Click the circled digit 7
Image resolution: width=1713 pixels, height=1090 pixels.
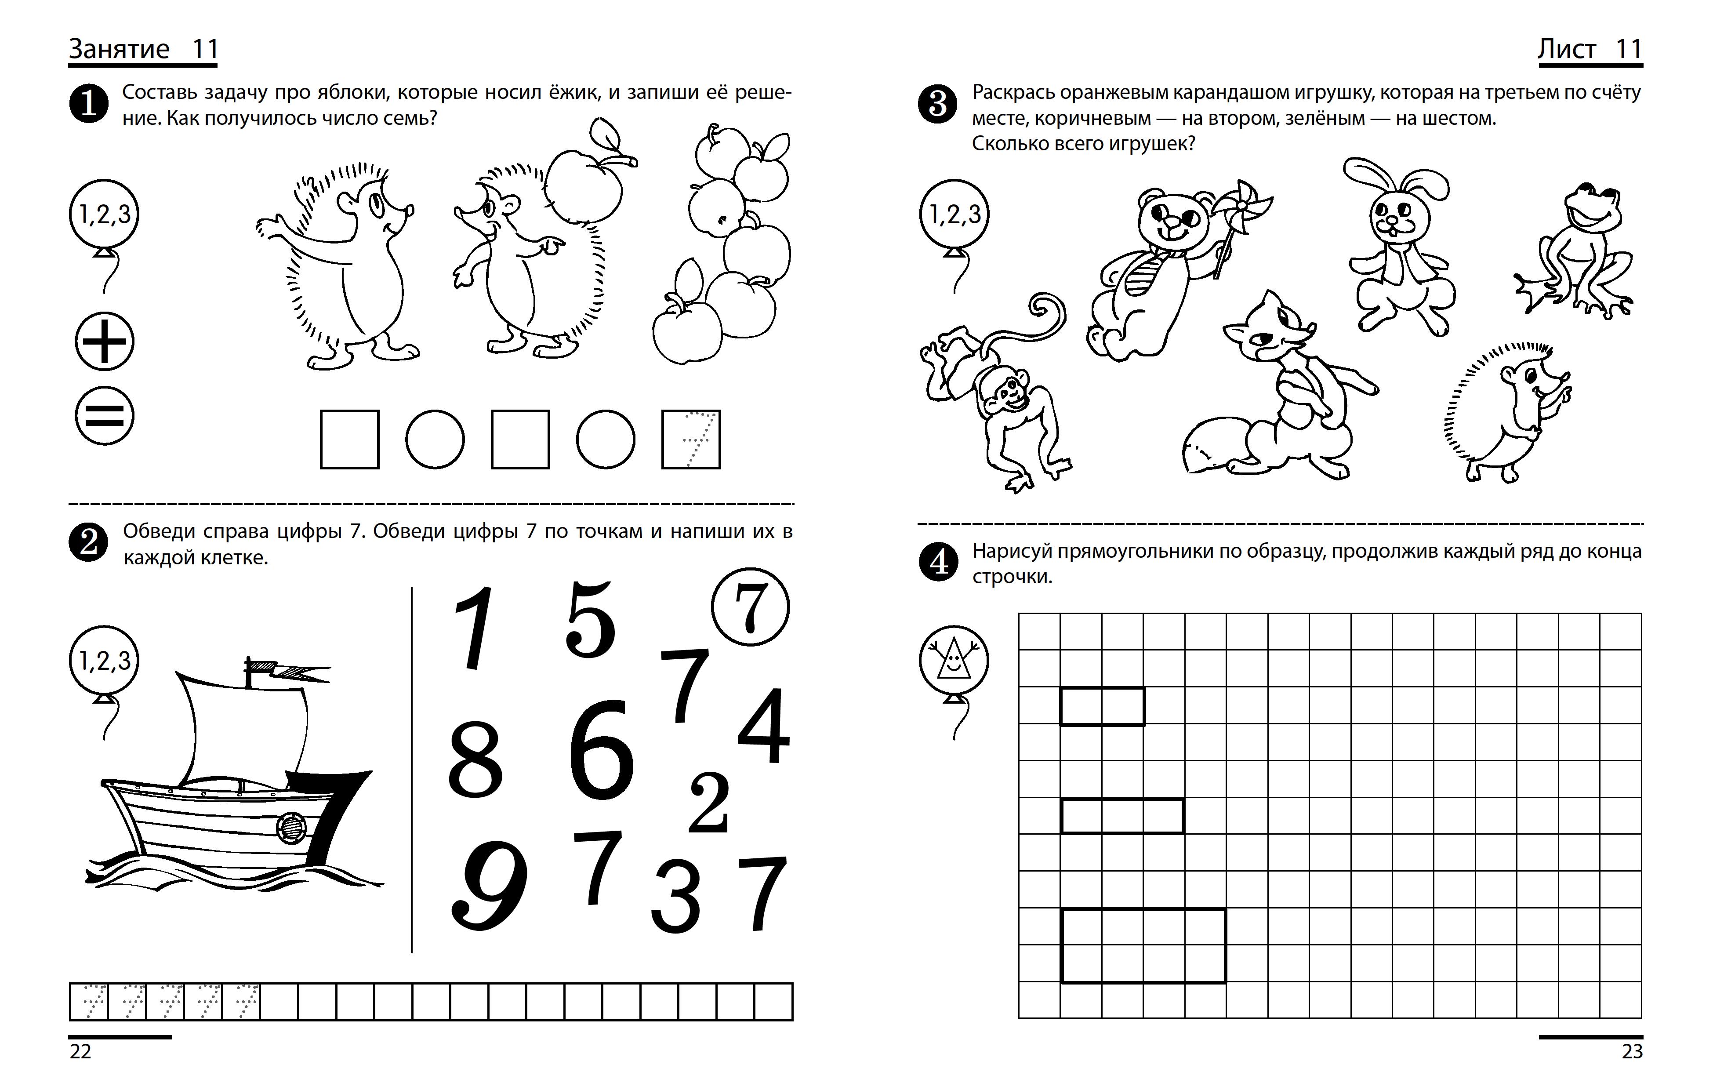click(750, 607)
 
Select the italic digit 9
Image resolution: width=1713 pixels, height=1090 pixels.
click(490, 885)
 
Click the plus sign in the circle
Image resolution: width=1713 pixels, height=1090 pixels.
click(105, 342)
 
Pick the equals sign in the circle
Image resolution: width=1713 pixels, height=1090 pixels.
click(105, 416)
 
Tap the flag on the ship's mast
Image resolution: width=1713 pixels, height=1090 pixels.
click(285, 669)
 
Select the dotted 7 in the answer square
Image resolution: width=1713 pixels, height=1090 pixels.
click(691, 440)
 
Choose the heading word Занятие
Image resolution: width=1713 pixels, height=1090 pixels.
click(119, 49)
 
